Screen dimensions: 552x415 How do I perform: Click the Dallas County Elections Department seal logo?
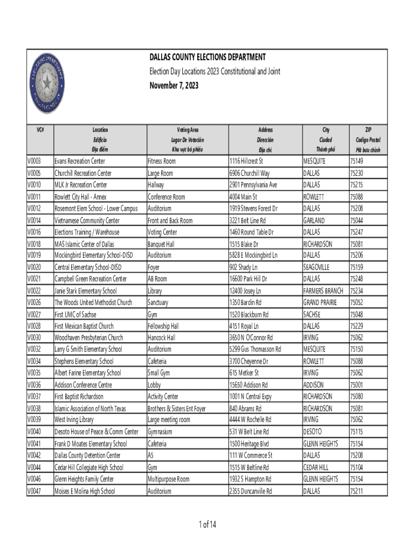tap(47, 83)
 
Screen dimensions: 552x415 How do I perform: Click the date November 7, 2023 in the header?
tap(174, 86)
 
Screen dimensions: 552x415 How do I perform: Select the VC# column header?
tap(40, 130)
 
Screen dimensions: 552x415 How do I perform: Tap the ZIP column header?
tap(368, 130)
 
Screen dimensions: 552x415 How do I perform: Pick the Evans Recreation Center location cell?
tap(79, 161)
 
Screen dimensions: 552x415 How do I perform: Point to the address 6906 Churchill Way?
tap(249, 173)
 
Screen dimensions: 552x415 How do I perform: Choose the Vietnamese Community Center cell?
tap(87, 220)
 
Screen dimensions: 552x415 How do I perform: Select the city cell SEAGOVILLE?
tap(316, 267)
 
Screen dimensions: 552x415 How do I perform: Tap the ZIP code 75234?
tap(356, 291)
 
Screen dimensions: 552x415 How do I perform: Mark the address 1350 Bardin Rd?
tap(245, 302)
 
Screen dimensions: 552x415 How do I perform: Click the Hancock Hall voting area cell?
tap(161, 338)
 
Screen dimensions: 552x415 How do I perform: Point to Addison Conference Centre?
tap(83, 385)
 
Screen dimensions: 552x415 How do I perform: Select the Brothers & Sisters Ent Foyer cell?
tap(176, 409)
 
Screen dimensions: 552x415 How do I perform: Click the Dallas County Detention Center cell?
tap(87, 456)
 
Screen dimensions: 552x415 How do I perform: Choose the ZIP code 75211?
tap(356, 491)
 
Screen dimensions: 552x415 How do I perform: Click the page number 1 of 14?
tap(207, 525)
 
